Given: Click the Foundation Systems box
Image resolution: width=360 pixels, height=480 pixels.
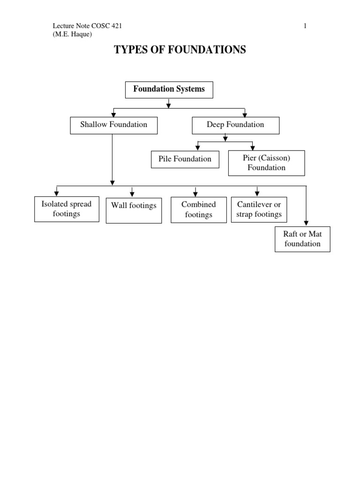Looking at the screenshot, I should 169,90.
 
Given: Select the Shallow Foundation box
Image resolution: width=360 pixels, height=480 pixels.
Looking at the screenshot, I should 113,125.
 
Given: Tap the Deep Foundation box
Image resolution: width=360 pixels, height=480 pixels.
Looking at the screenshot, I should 235,125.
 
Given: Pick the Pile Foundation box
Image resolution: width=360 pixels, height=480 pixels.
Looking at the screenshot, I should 185,159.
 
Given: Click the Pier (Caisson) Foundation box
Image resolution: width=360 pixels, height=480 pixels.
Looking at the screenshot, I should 266,163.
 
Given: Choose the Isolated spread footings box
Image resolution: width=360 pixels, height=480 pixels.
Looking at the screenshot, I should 67,209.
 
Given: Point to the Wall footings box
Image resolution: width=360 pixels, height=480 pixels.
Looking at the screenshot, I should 134,210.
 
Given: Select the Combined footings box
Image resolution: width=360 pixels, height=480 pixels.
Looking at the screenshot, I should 198,210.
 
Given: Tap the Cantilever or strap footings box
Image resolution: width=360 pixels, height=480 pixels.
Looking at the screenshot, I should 259,210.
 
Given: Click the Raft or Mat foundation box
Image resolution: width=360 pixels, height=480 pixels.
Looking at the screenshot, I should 302,239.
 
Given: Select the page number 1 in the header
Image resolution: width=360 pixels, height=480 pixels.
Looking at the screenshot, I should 305,26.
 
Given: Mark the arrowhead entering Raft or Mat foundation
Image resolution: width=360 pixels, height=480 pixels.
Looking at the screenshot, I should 306,223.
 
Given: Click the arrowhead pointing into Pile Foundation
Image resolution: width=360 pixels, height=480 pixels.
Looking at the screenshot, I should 198,147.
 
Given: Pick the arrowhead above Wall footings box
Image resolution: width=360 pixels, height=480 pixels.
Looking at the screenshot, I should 132,194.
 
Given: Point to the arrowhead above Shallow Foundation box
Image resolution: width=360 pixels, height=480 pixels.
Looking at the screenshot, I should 113,114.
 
